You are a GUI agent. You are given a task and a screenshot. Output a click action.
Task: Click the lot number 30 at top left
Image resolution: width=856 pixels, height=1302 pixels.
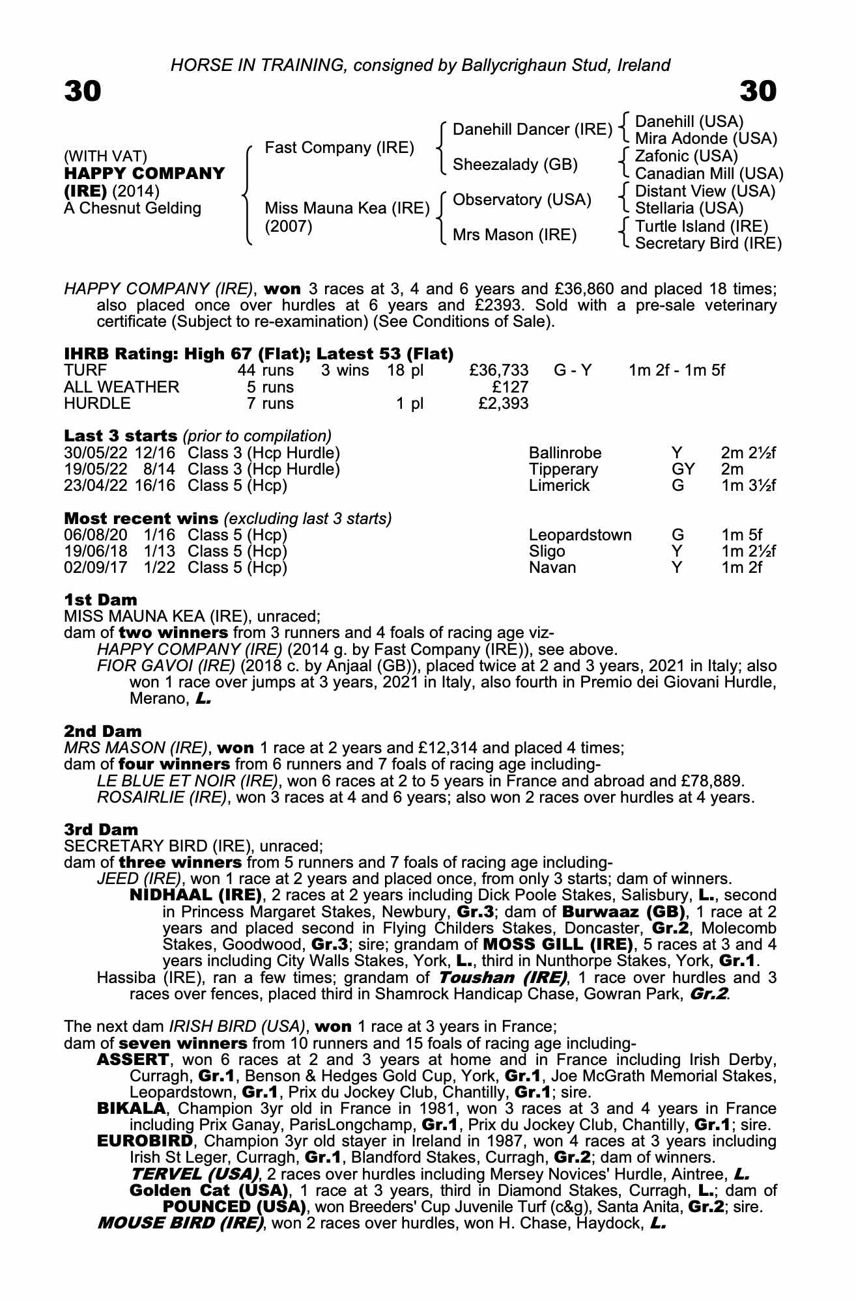click(x=83, y=91)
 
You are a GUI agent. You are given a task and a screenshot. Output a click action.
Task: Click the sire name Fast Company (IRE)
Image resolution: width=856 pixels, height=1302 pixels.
click(x=339, y=148)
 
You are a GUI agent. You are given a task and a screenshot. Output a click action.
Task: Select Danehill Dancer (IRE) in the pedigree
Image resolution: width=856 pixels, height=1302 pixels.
click(x=532, y=130)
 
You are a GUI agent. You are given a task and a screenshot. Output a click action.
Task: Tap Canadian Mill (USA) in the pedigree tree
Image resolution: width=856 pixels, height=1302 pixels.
click(x=709, y=174)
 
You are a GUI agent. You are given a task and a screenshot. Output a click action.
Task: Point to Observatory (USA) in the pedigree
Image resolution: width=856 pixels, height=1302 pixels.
click(x=522, y=200)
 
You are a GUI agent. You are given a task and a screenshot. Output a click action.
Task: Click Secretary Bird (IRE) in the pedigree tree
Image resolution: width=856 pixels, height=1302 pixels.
click(x=708, y=243)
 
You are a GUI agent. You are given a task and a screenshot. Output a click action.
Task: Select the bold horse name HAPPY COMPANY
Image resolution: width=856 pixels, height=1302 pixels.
click(x=144, y=174)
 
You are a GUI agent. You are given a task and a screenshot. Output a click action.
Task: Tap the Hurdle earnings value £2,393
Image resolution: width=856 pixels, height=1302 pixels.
click(x=503, y=404)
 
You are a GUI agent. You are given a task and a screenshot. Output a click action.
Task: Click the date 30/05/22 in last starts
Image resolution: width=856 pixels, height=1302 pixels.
click(x=96, y=453)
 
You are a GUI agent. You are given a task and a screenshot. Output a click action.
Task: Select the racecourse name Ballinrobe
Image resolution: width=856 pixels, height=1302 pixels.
click(x=565, y=453)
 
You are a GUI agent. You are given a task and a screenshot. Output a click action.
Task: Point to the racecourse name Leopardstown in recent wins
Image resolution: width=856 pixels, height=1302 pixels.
click(x=580, y=535)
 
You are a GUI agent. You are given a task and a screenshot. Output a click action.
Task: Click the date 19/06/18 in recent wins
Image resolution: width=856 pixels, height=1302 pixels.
click(x=96, y=551)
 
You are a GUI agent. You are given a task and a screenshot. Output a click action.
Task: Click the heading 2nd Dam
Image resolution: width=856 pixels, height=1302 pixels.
click(x=102, y=731)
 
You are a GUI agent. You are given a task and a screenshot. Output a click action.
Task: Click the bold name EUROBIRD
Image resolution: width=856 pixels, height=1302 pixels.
click(x=145, y=1141)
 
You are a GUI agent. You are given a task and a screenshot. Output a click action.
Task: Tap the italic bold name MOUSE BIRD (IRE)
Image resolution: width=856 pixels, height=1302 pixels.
click(x=180, y=1223)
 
